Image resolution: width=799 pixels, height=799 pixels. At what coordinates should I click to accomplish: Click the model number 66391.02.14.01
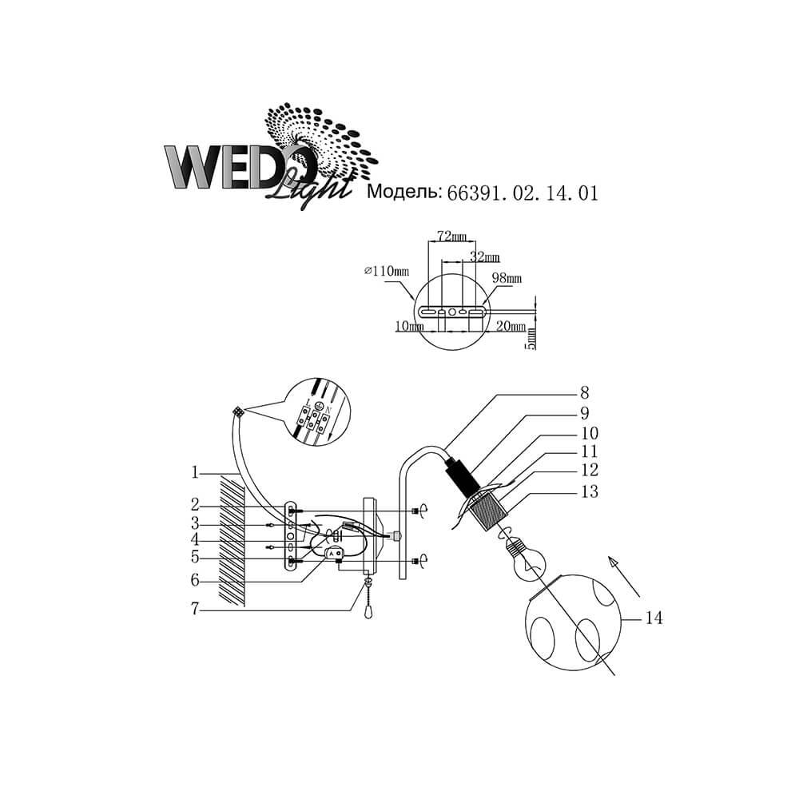click(523, 193)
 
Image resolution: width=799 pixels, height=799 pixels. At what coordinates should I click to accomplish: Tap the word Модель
click(403, 192)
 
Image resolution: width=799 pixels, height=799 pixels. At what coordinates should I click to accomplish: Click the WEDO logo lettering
click(237, 167)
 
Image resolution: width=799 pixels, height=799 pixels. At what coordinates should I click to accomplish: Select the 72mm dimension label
click(451, 236)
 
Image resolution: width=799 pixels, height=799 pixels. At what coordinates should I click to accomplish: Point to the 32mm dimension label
click(484, 256)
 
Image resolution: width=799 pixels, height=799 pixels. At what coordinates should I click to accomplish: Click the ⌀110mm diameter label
click(387, 271)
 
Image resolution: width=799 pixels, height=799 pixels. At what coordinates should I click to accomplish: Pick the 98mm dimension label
click(507, 278)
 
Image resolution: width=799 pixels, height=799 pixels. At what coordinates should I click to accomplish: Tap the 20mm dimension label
click(511, 326)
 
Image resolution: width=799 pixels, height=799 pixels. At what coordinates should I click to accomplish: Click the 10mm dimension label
click(409, 326)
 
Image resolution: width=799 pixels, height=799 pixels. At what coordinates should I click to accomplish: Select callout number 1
click(194, 472)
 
